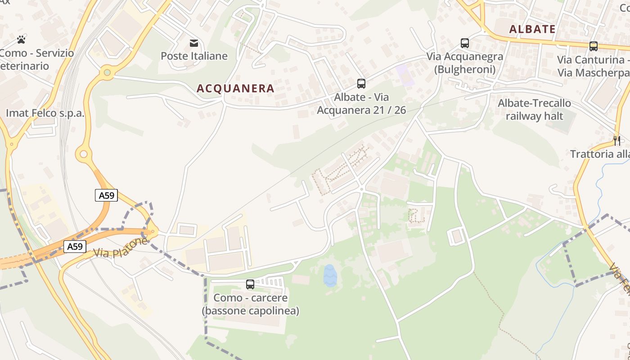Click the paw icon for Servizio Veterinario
tap(21, 40)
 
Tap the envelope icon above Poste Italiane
tap(194, 43)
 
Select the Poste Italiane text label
tap(194, 56)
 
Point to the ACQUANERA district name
tap(235, 89)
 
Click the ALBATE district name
tap(532, 30)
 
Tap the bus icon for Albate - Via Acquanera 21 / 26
tap(361, 83)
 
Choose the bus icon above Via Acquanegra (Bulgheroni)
tap(465, 43)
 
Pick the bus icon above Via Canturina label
tap(594, 46)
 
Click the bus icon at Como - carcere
tap(250, 284)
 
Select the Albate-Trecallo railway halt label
tap(534, 109)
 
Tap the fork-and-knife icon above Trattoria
tap(617, 140)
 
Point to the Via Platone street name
tap(120, 248)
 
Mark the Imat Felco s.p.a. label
tap(45, 113)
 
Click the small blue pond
tap(330, 275)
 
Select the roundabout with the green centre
tap(107, 72)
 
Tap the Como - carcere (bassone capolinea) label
tap(250, 304)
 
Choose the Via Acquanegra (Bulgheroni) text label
tap(465, 63)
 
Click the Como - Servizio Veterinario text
tap(36, 59)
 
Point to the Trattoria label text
tap(600, 154)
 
